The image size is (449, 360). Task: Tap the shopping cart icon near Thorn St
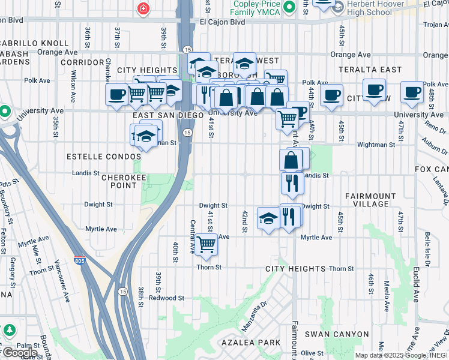206,244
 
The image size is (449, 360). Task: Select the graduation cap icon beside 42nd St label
268,218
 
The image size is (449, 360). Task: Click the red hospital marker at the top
143,8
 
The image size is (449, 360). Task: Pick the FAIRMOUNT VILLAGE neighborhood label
370,200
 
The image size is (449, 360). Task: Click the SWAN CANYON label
336,334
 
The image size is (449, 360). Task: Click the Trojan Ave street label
436,25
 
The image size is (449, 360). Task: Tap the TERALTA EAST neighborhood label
369,70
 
